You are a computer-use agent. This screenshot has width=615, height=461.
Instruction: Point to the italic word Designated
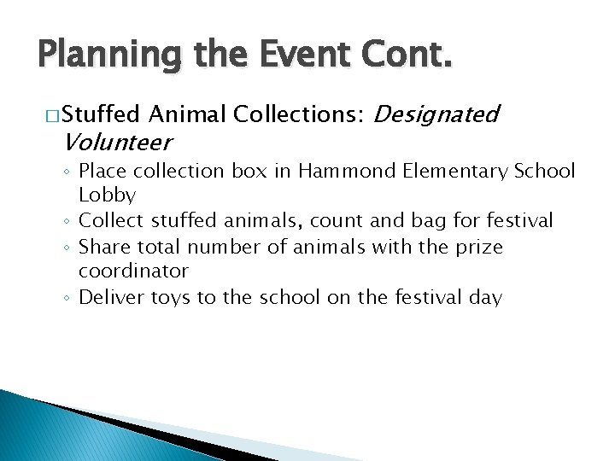coord(436,114)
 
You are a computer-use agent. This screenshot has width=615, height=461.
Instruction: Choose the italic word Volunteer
coord(118,142)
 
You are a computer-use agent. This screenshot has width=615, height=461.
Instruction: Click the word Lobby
coord(108,195)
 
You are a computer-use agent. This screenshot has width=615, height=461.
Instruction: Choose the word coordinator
coord(133,272)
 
